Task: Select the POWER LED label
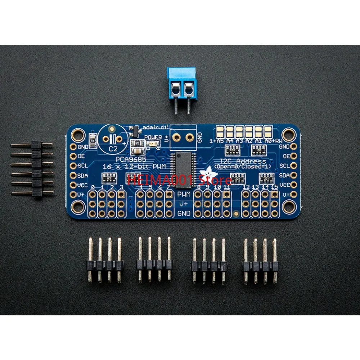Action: (x=153, y=137)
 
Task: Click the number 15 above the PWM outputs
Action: (x=274, y=187)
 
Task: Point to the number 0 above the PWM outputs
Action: (x=93, y=188)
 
